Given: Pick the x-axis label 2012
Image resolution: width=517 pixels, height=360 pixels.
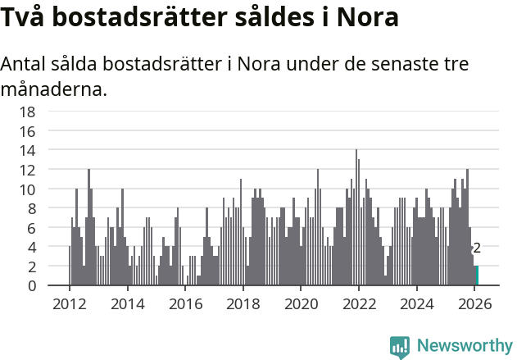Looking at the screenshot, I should tap(69, 303).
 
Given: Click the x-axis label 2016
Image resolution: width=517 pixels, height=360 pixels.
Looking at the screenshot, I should tap(185, 303).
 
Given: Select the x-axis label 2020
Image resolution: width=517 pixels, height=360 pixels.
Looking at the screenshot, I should tap(301, 303).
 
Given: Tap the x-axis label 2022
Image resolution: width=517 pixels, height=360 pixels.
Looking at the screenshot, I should tap(359, 303).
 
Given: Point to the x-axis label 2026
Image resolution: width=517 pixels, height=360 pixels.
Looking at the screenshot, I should tap(474, 303).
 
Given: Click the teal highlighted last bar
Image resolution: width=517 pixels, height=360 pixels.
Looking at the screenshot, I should tap(477, 276).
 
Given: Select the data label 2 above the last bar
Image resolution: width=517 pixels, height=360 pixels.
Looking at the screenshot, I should tap(477, 248).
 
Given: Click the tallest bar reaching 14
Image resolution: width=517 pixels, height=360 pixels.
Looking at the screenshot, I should tap(356, 217).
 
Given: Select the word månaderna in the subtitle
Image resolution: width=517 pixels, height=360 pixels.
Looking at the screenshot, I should tap(54, 88).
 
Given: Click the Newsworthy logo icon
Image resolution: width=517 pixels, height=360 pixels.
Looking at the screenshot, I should tap(400, 347).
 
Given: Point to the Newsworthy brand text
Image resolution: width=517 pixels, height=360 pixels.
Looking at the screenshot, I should tap(464, 346).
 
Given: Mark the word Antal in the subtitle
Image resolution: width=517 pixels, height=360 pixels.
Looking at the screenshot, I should tap(27, 64).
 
